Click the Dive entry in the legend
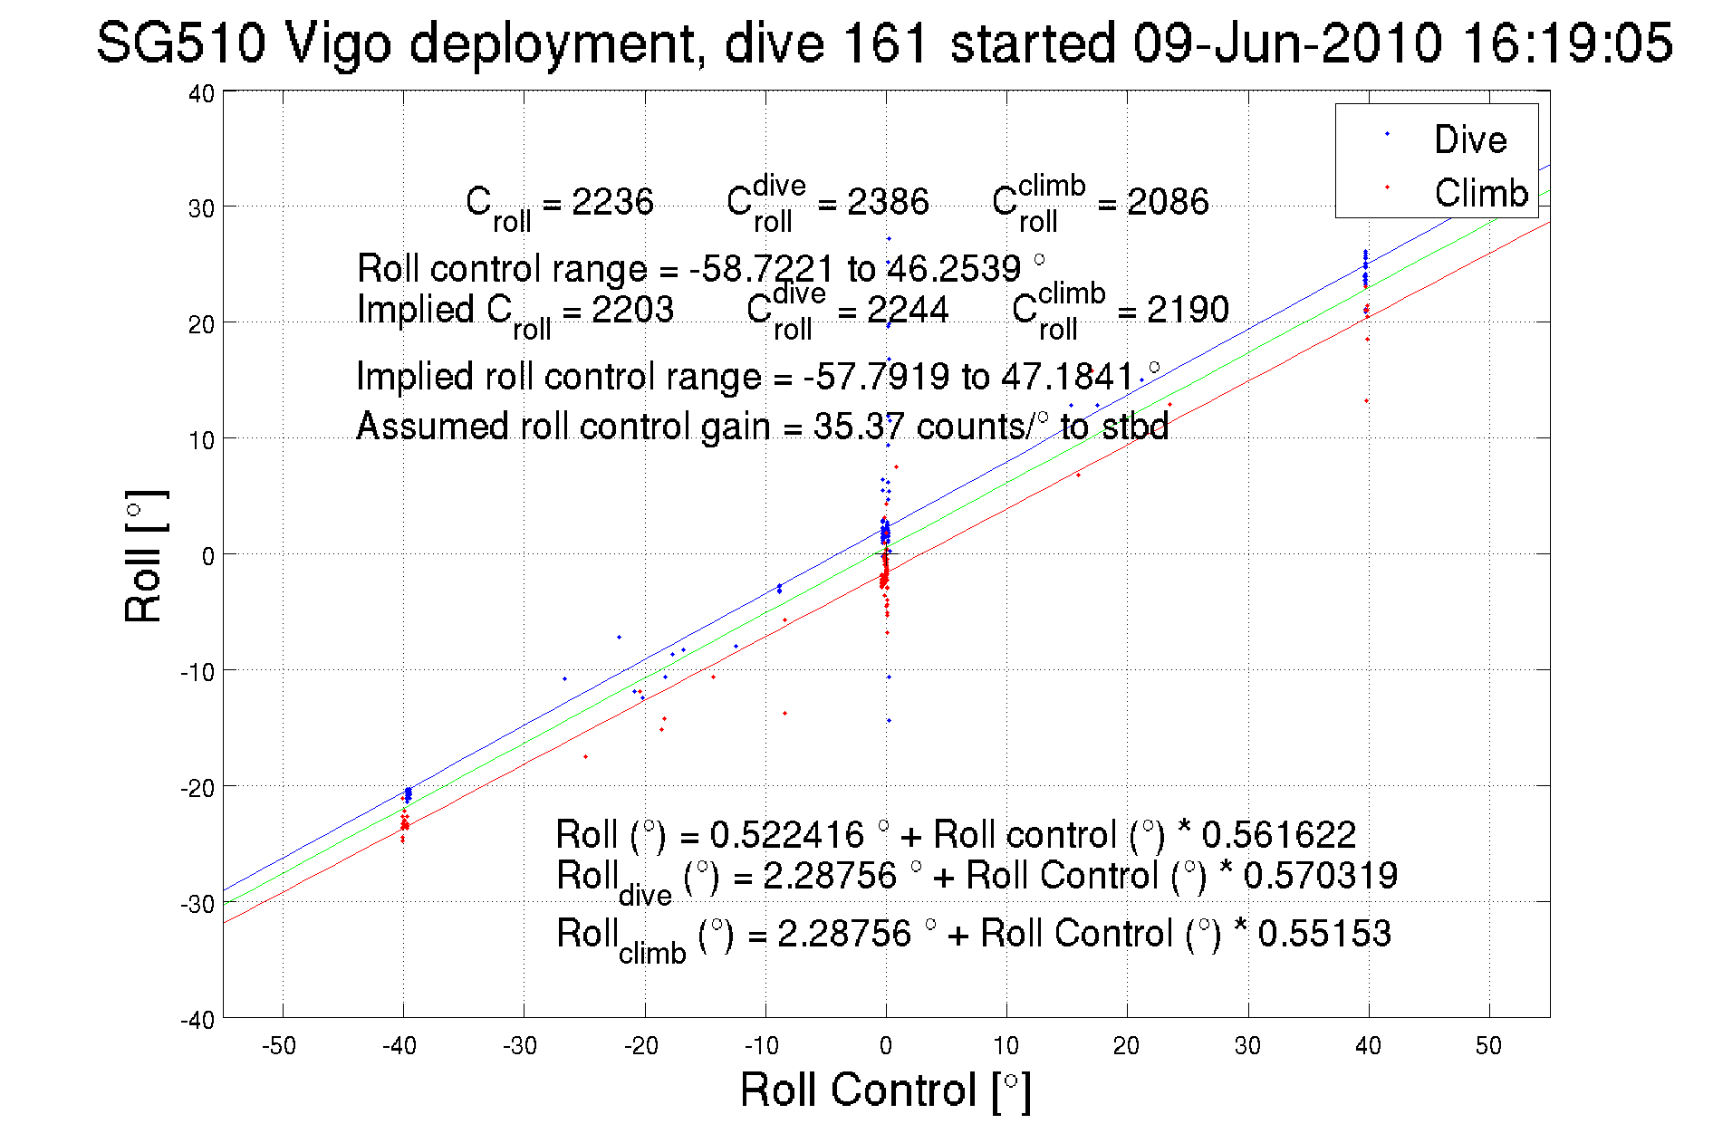point(1469,139)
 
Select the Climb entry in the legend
point(1480,193)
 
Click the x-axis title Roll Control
point(885,1090)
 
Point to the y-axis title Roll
point(144,556)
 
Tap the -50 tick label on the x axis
point(278,1046)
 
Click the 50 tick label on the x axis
point(1488,1046)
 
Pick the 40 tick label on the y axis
point(201,93)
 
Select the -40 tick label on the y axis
point(197,1020)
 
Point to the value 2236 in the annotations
point(612,201)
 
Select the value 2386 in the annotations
point(888,201)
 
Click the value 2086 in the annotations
point(1168,201)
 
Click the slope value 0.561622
point(1278,834)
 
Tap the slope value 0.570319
point(1320,876)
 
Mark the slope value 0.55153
point(1323,934)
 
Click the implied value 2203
point(632,310)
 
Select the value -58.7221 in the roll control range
point(761,269)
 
